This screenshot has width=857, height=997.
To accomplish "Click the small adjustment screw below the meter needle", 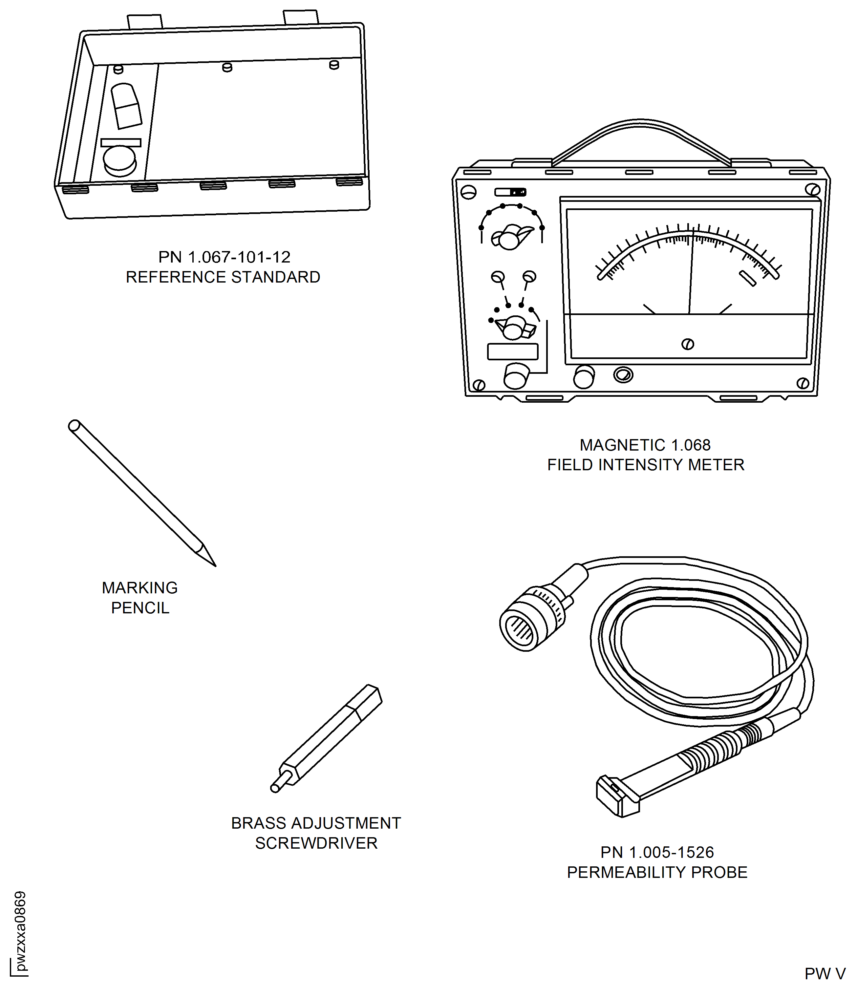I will pos(688,344).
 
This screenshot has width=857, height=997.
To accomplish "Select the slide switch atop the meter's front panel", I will pos(510,192).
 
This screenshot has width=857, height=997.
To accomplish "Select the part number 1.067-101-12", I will pos(239,257).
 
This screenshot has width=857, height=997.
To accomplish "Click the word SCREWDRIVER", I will pos(316,843).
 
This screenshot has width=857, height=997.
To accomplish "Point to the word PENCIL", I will pos(140,608).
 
